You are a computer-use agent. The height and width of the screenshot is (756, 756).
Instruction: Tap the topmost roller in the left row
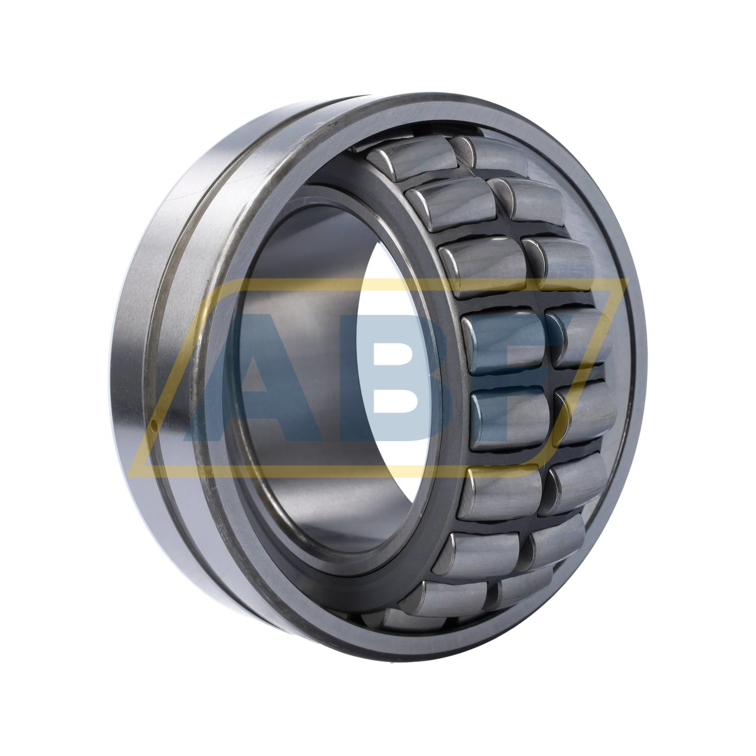(x=413, y=159)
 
